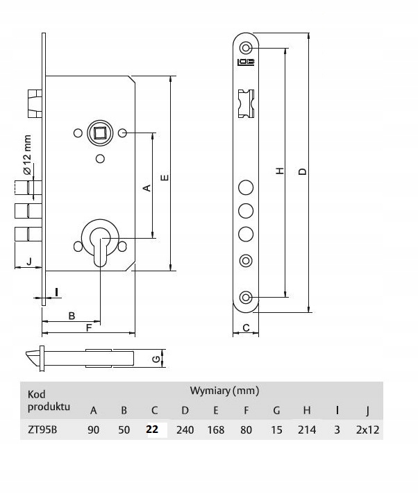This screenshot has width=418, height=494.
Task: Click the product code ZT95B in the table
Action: (42, 429)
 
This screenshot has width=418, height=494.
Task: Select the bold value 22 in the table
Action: (152, 429)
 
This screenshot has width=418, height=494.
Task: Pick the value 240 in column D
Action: (185, 429)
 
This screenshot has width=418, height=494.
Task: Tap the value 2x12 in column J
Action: (367, 429)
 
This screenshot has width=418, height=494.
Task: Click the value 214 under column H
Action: (307, 429)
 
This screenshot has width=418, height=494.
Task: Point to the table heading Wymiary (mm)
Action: (224, 391)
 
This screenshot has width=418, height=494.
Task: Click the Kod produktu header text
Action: (49, 400)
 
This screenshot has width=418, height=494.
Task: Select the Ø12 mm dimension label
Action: (27, 155)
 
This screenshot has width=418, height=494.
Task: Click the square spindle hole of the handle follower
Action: (100, 133)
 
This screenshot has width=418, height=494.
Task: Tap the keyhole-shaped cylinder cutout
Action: (100, 244)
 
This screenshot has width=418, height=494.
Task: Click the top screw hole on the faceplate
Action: (246, 48)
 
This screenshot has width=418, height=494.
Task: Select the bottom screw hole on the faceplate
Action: (246, 297)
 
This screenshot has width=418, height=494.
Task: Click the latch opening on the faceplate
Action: (246, 103)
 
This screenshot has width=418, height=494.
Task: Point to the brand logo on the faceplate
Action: (246, 62)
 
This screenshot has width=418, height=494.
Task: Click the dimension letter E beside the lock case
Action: (165, 178)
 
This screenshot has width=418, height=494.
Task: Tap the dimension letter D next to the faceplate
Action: (303, 171)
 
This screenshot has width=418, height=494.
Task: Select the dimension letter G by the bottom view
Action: (156, 359)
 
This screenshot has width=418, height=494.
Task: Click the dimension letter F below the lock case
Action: (89, 327)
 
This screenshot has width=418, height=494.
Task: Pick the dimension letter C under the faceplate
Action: (246, 327)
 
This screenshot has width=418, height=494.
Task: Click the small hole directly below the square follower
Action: (100, 158)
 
